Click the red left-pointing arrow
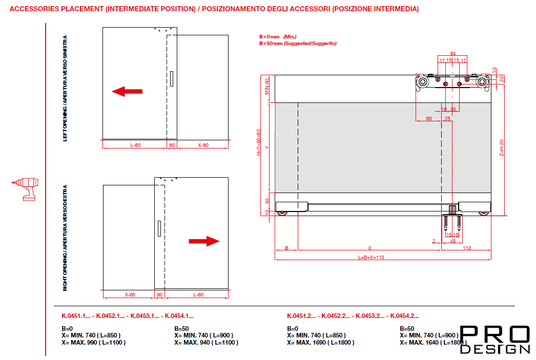(127, 92)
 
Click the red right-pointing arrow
(204, 241)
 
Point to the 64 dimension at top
(453, 53)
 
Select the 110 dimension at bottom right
(467, 248)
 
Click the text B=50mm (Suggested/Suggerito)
(298, 44)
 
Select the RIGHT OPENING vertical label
(65, 238)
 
